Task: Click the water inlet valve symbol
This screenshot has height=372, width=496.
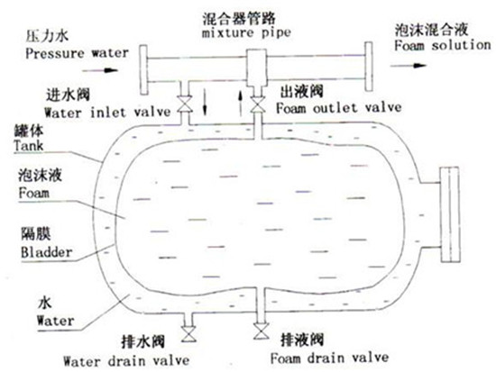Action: pos(184,104)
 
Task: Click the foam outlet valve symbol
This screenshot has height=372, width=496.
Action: pos(258,104)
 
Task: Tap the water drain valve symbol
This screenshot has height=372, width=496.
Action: pos(188,334)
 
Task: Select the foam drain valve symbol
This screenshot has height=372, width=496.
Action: pos(262,331)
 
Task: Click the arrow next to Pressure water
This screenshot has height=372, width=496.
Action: pos(100,70)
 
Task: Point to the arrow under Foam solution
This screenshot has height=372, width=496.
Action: pos(409,66)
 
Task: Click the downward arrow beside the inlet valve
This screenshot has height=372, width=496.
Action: pos(205,101)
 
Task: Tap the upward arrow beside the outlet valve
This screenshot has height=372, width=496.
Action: pos(241,103)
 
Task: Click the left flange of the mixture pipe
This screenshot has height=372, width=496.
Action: pos(144,70)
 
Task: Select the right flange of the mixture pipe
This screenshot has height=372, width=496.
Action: pos(369,67)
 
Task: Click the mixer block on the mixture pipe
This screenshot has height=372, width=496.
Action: pos(257,68)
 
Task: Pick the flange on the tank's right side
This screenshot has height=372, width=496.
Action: pos(449,214)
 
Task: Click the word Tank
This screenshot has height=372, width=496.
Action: pos(29,146)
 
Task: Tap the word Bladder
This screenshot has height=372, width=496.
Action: pos(47,252)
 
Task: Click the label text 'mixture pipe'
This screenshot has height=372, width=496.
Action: pos(246,32)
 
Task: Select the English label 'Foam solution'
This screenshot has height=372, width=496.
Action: pos(442,45)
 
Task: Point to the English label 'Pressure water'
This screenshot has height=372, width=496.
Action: pos(77,53)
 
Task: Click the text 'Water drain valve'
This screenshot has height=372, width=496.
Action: pos(126,360)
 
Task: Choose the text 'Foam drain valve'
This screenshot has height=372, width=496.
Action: pos(329,358)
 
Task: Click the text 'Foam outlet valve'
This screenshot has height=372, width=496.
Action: pos(339,107)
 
